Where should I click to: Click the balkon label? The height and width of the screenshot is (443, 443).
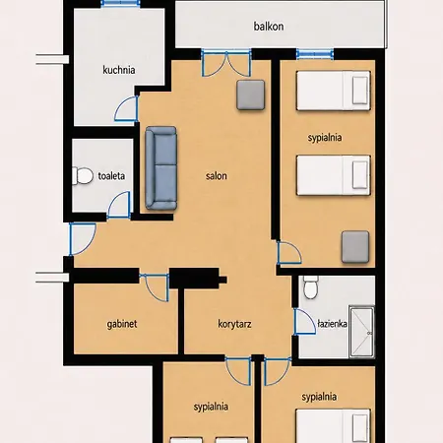[269, 27]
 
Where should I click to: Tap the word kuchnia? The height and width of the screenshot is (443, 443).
[119, 70]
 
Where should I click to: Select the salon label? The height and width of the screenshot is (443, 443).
[217, 176]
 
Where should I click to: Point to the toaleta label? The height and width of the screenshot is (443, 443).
[111, 176]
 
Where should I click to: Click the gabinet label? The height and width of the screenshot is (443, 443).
[122, 324]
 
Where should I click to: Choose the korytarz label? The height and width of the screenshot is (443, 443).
[234, 324]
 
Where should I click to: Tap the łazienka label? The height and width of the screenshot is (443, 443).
[332, 324]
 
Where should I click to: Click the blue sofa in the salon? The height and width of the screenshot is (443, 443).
[161, 168]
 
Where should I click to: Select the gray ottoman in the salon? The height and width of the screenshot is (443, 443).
[251, 95]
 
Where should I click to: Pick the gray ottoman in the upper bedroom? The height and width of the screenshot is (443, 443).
[355, 247]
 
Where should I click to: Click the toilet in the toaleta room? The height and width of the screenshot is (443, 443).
[83, 176]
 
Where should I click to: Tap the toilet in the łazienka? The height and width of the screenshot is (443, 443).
[310, 287]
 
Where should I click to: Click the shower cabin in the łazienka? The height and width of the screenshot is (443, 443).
[361, 332]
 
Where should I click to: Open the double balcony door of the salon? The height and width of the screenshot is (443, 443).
[226, 63]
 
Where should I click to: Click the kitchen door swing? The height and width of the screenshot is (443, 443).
[126, 108]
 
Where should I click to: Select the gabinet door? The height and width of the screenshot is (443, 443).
[155, 287]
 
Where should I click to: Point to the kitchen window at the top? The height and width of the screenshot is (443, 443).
[120, 4]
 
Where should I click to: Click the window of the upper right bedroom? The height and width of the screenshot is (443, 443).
[315, 54]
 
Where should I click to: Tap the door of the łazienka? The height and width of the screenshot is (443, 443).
[304, 322]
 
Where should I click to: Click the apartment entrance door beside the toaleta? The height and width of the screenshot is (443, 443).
[82, 239]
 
